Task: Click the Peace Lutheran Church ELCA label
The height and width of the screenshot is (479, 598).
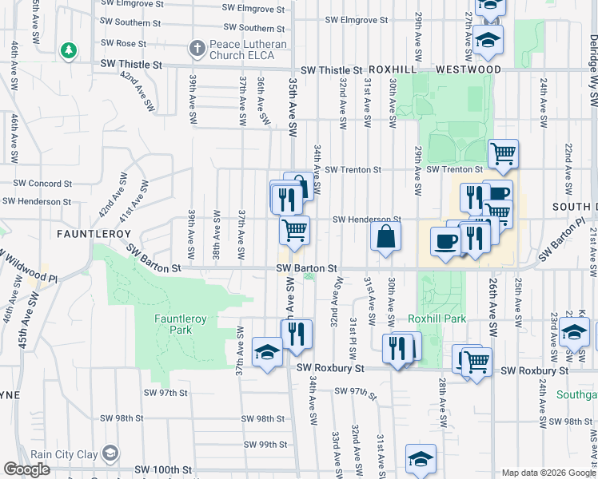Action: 241,49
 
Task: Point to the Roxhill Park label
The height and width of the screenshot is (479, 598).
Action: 437,319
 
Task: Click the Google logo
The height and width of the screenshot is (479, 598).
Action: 27,469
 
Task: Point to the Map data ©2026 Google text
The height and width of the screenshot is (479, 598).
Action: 548,473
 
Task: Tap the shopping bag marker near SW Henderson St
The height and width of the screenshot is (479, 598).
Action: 385,236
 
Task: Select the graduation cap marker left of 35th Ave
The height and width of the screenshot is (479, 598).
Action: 266,351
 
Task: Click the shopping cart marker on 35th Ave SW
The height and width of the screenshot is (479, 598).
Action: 294,231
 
